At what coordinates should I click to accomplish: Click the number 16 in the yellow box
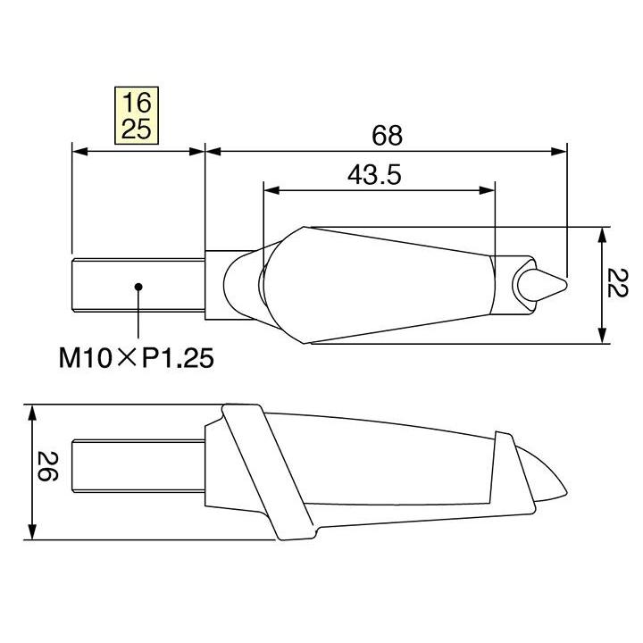pos(137,103)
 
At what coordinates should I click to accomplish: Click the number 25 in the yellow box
pos(137,129)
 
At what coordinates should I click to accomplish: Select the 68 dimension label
pos(387,136)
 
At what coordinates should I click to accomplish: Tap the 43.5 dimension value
pos(374,175)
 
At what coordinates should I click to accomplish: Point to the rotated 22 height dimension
pos(617,283)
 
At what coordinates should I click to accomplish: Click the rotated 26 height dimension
pos(48,466)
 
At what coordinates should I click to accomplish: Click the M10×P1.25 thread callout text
pos(137,358)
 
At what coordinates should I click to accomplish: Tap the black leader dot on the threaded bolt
pos(138,287)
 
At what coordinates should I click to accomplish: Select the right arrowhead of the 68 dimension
pos(559,151)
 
